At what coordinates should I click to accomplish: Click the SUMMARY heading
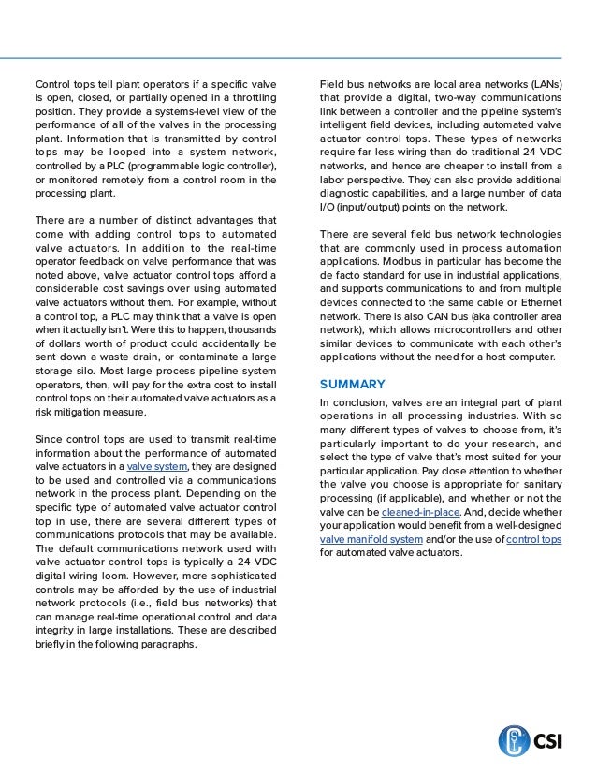coord(352,384)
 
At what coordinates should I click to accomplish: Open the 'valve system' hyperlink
coord(157,466)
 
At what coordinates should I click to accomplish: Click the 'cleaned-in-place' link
coord(420,513)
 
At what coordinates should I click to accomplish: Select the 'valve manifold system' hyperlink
coord(371,540)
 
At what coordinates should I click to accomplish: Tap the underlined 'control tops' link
coord(533,540)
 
